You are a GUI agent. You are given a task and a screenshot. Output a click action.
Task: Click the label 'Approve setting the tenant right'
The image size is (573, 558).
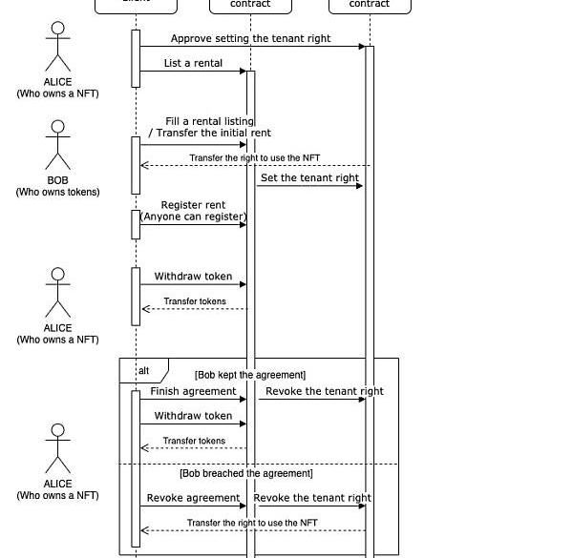coord(251,39)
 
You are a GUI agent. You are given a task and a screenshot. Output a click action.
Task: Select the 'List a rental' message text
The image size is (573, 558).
coord(193,64)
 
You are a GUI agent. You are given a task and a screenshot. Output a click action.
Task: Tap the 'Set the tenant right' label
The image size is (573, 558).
coord(309,178)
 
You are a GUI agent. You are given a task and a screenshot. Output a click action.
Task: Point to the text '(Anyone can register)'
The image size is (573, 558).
coord(194,217)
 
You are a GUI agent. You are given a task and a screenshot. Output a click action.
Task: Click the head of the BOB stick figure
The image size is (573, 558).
coord(57,129)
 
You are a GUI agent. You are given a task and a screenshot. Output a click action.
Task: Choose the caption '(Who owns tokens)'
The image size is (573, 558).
coord(57,193)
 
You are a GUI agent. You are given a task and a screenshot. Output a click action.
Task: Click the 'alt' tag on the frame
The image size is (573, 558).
coord(143,370)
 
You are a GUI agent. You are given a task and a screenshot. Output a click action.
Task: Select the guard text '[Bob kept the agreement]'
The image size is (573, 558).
coord(250,376)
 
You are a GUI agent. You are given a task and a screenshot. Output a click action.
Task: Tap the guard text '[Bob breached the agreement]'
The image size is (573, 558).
coord(246,473)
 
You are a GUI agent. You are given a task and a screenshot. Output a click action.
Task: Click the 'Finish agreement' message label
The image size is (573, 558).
coord(193,392)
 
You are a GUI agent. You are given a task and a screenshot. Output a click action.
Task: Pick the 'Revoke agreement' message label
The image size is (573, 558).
coord(193,498)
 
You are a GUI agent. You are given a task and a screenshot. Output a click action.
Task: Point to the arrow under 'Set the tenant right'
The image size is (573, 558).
coord(309,186)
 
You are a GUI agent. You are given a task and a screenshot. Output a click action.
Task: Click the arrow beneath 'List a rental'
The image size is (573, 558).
coord(193,71)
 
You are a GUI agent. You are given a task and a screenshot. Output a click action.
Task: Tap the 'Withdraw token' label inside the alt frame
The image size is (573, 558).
coord(193,416)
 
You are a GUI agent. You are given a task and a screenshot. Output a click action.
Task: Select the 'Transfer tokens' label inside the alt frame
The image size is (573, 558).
coord(194,441)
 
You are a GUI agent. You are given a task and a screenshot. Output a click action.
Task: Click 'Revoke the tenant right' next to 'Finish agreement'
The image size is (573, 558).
coord(325,392)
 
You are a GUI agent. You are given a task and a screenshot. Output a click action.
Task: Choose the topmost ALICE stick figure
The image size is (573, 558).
coord(57,47)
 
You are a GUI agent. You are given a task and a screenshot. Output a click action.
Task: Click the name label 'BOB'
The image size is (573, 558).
coord(57,180)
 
